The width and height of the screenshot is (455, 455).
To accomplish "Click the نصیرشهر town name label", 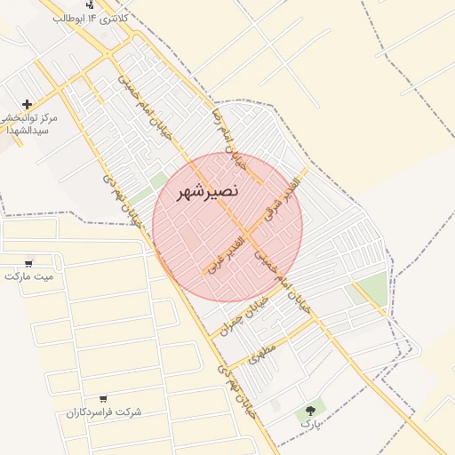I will point(207,192).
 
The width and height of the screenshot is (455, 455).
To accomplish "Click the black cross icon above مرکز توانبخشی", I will point(28,105).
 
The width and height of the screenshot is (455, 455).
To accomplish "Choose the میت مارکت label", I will point(28,276).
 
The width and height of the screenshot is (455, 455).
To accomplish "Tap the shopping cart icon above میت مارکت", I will point(28,263).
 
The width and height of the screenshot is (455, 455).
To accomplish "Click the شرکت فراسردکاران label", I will point(104,412).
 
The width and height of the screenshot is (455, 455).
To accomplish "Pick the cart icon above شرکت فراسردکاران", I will point(103,399).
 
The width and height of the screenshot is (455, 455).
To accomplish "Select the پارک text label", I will point(309,424).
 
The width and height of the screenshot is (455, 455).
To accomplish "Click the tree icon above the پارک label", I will point(310,410).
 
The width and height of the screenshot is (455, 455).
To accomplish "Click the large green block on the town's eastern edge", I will point(372,288).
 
